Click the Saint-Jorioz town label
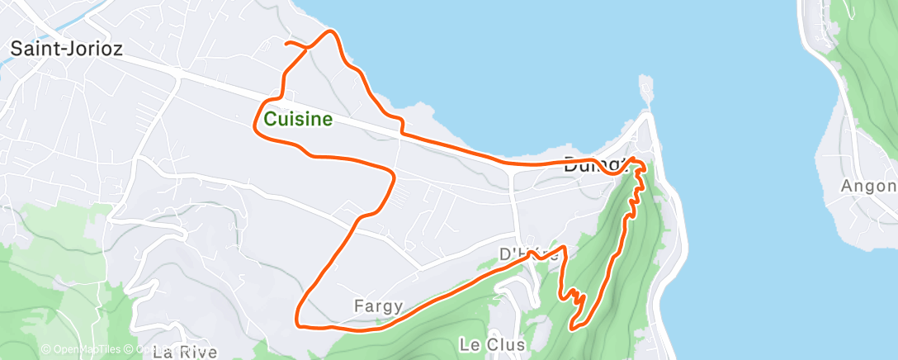pyautogui.click(x=66, y=50)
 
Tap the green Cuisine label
pyautogui.click(x=298, y=120)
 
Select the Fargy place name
pyautogui.click(x=378, y=306)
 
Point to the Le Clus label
pyautogui.click(x=490, y=343)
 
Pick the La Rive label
pyautogui.click(x=185, y=353)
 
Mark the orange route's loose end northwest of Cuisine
pyautogui.click(x=286, y=42)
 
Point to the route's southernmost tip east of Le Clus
pyautogui.click(x=571, y=328)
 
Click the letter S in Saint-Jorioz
pyautogui.click(x=16, y=50)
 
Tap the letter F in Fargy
pyautogui.click(x=359, y=306)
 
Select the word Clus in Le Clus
pyautogui.click(x=505, y=343)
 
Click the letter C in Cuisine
pyautogui.click(x=270, y=120)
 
